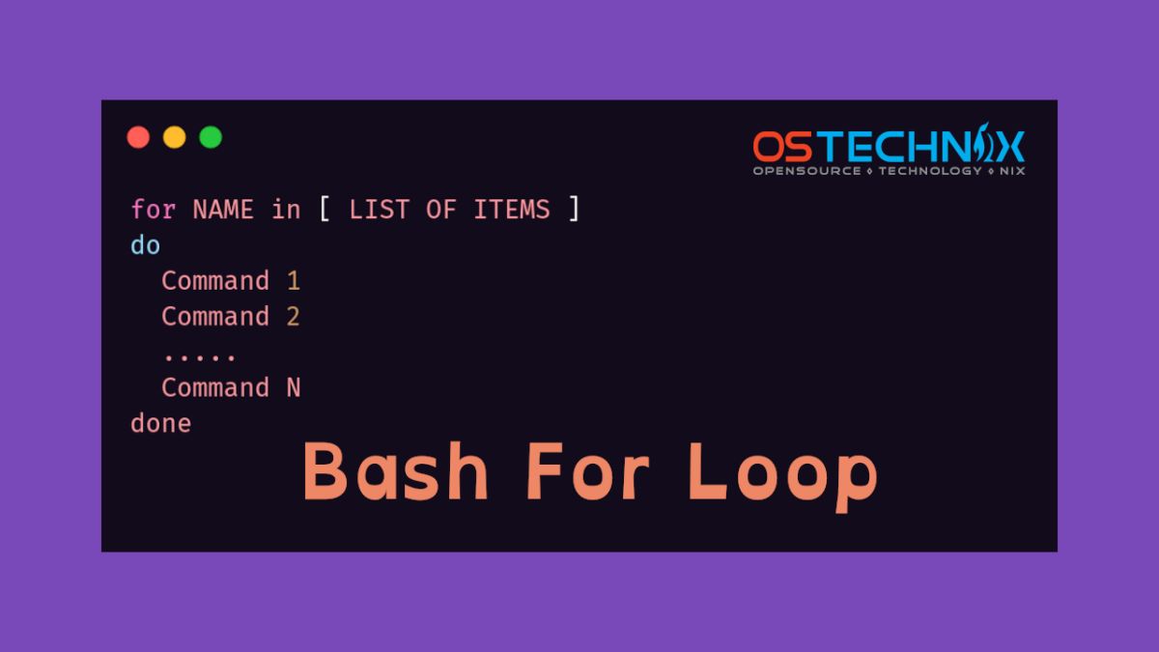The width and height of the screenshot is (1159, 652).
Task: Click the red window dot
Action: pos(138,137)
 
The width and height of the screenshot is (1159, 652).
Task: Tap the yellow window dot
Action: pos(174,137)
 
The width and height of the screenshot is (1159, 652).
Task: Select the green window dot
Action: pos(211,137)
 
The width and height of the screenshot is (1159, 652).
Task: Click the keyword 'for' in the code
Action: pos(153,210)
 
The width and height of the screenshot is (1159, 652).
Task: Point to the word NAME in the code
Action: pos(223,210)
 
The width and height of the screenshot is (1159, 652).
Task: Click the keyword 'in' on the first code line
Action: pos(286,210)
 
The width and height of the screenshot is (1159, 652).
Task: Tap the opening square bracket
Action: pos(325,210)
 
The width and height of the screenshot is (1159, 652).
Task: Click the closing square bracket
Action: pos(575,210)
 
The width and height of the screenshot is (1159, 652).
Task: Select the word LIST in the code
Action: pos(380,210)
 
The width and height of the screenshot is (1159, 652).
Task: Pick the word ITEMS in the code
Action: pos(512,210)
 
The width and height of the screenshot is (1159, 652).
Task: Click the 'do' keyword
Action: pos(145,245)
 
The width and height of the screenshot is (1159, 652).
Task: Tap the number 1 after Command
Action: pos(294,281)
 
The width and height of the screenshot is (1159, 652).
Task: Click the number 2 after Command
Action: pos(294,317)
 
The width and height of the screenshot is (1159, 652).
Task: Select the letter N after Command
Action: pos(294,388)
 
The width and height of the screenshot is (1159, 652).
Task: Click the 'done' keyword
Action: pos(160,423)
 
